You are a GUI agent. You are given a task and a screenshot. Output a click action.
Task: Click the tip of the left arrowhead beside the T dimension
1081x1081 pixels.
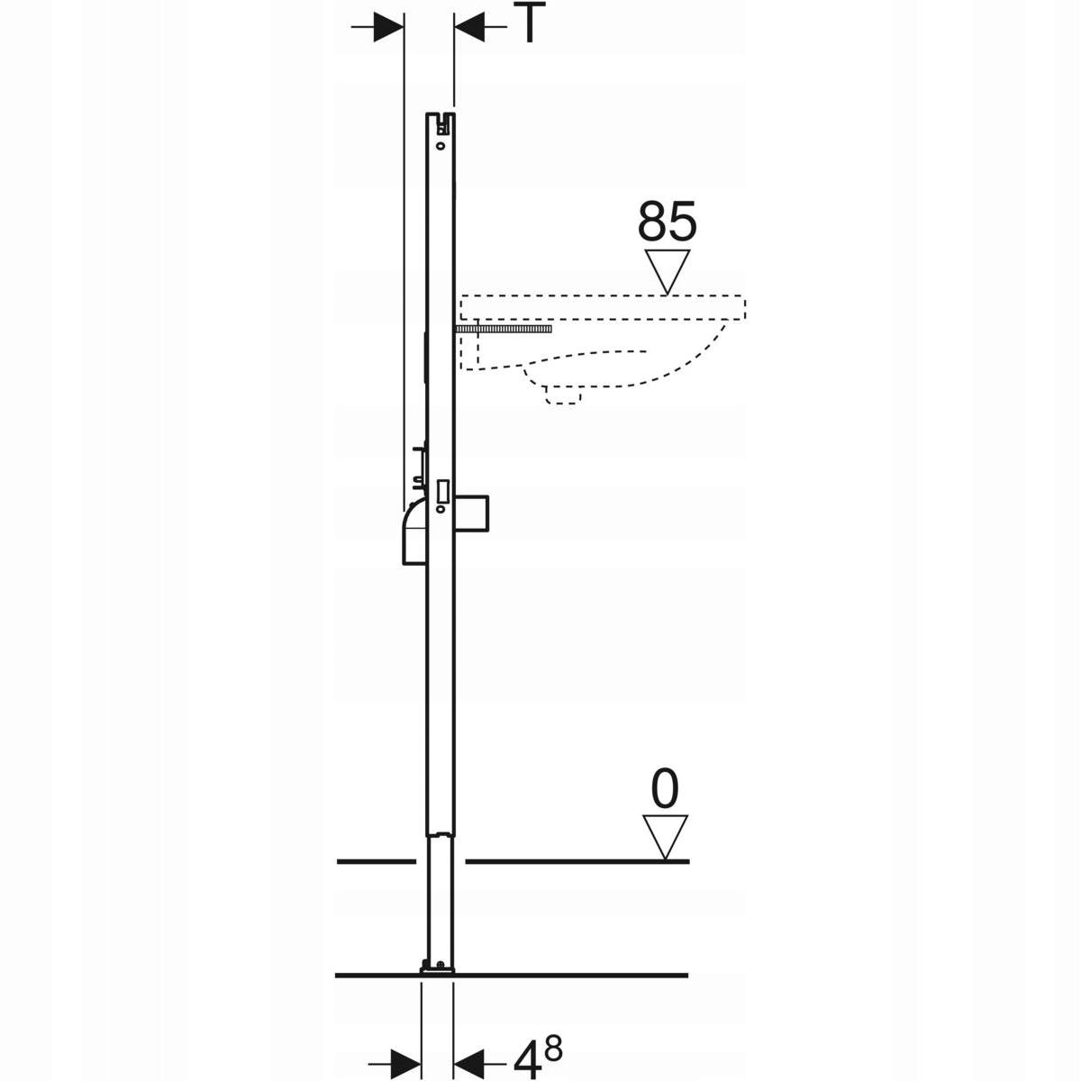(x=404, y=26)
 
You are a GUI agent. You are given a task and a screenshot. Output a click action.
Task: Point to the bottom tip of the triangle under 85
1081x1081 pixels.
(x=667, y=295)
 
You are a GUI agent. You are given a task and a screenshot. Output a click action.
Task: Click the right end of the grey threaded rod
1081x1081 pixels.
(x=551, y=329)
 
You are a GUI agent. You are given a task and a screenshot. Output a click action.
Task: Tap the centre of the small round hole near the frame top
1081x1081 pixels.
(x=441, y=146)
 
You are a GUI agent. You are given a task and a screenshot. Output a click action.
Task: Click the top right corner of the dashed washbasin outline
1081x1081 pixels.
(x=745, y=296)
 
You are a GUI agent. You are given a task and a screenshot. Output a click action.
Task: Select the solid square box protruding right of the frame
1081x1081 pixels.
(x=472, y=513)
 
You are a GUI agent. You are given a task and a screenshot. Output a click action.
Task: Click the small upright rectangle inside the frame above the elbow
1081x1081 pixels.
(x=443, y=490)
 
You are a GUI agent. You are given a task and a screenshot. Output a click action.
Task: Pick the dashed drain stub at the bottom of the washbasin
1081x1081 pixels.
(x=563, y=395)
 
